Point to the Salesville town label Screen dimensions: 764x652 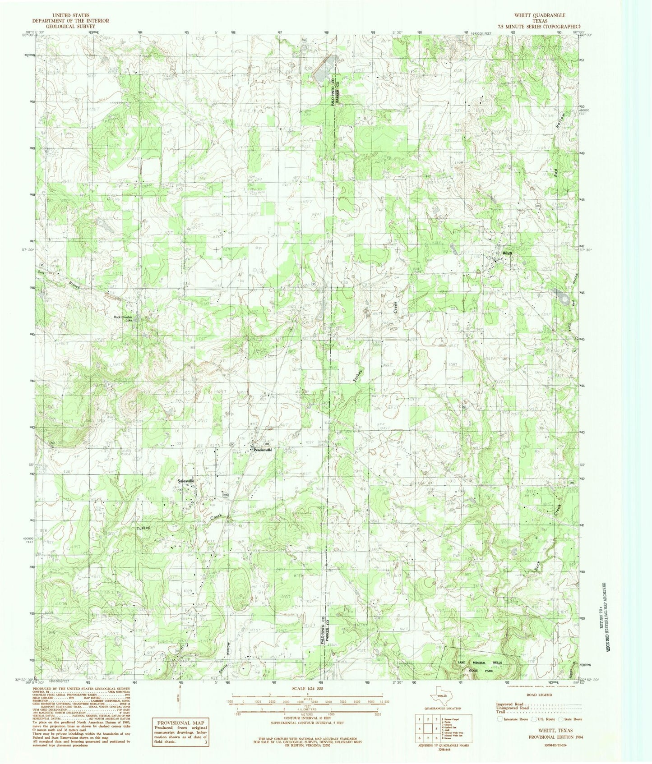(186, 481)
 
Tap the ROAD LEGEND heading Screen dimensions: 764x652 (539, 695)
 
